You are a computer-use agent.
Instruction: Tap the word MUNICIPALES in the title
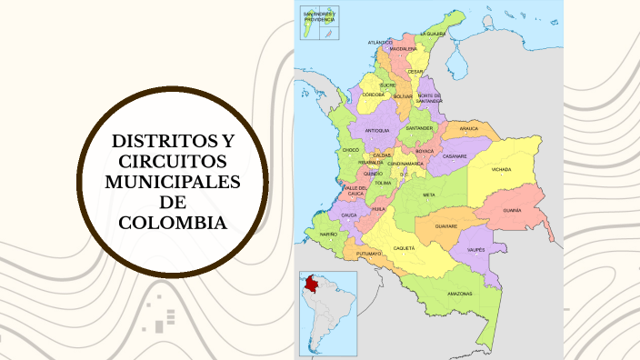point(173,183)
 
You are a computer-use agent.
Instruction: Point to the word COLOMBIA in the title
point(173,223)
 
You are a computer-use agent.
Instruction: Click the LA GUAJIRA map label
point(433,33)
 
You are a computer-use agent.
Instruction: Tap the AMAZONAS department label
point(459,294)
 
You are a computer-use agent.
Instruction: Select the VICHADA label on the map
point(502,169)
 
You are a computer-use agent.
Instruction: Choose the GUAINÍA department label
point(513,210)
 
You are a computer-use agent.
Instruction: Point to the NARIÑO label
point(328,234)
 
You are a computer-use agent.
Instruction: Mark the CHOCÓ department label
point(351,149)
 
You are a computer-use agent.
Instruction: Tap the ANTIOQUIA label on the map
point(377,131)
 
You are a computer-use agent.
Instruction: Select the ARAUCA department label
point(469,129)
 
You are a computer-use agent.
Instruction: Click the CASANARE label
point(455,156)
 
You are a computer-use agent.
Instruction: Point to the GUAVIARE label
point(445,225)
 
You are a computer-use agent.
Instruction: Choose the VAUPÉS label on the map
point(475,248)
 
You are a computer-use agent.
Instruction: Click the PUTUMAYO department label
point(368,254)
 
